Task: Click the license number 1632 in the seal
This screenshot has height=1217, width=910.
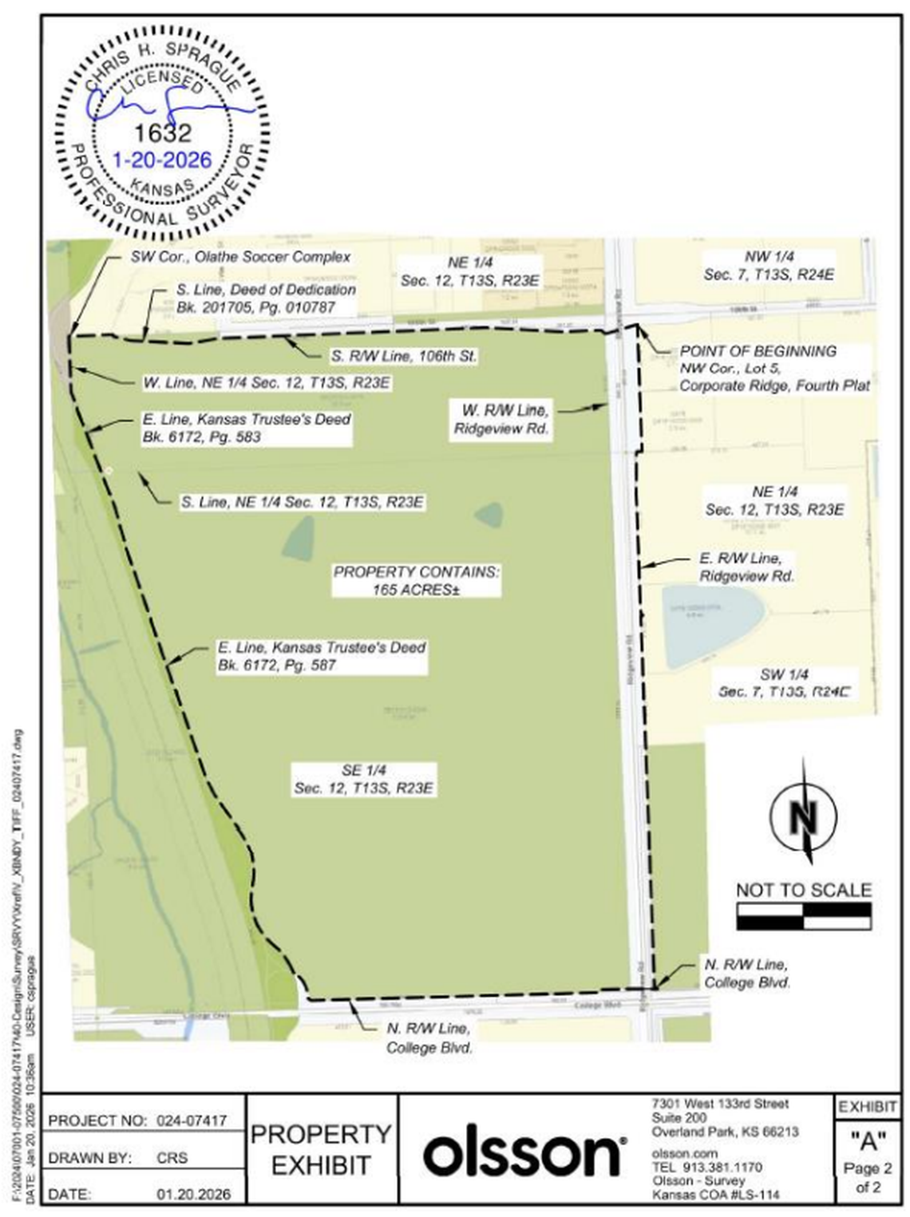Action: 163,132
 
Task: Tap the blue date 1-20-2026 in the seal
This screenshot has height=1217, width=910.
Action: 162,160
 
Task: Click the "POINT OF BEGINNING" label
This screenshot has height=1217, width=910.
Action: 758,351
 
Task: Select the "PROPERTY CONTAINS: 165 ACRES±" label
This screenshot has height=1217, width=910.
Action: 416,581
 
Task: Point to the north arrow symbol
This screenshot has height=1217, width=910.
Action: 805,815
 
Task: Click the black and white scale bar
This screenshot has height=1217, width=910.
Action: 804,916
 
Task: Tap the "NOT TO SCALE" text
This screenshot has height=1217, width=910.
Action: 803,890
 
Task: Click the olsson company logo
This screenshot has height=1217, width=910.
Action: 523,1152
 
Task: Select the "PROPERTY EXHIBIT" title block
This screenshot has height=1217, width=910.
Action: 321,1149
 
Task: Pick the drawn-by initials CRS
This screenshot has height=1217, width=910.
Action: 172,1157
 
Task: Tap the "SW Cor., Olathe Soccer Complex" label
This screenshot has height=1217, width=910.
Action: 240,257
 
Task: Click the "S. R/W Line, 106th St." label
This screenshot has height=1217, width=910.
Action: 404,356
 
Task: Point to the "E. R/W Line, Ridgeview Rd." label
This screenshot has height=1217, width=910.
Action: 746,567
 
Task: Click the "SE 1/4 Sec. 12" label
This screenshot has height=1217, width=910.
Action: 364,779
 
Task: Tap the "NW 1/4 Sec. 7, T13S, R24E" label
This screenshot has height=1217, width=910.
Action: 769,266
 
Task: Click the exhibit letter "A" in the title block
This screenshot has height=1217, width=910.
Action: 868,1141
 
